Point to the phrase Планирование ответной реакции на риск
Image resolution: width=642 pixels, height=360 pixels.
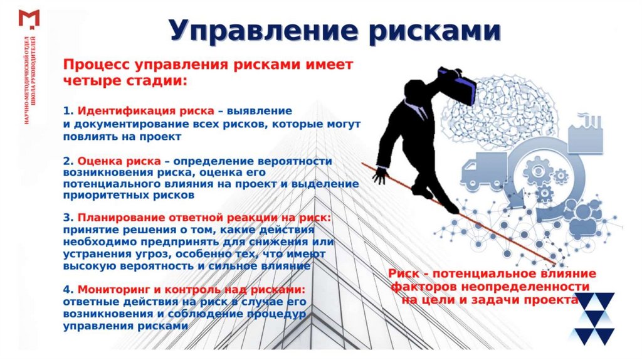click(x=204, y=218)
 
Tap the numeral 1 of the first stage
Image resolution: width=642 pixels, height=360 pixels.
click(x=66, y=111)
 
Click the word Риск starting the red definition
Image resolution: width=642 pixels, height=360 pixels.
click(x=403, y=274)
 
